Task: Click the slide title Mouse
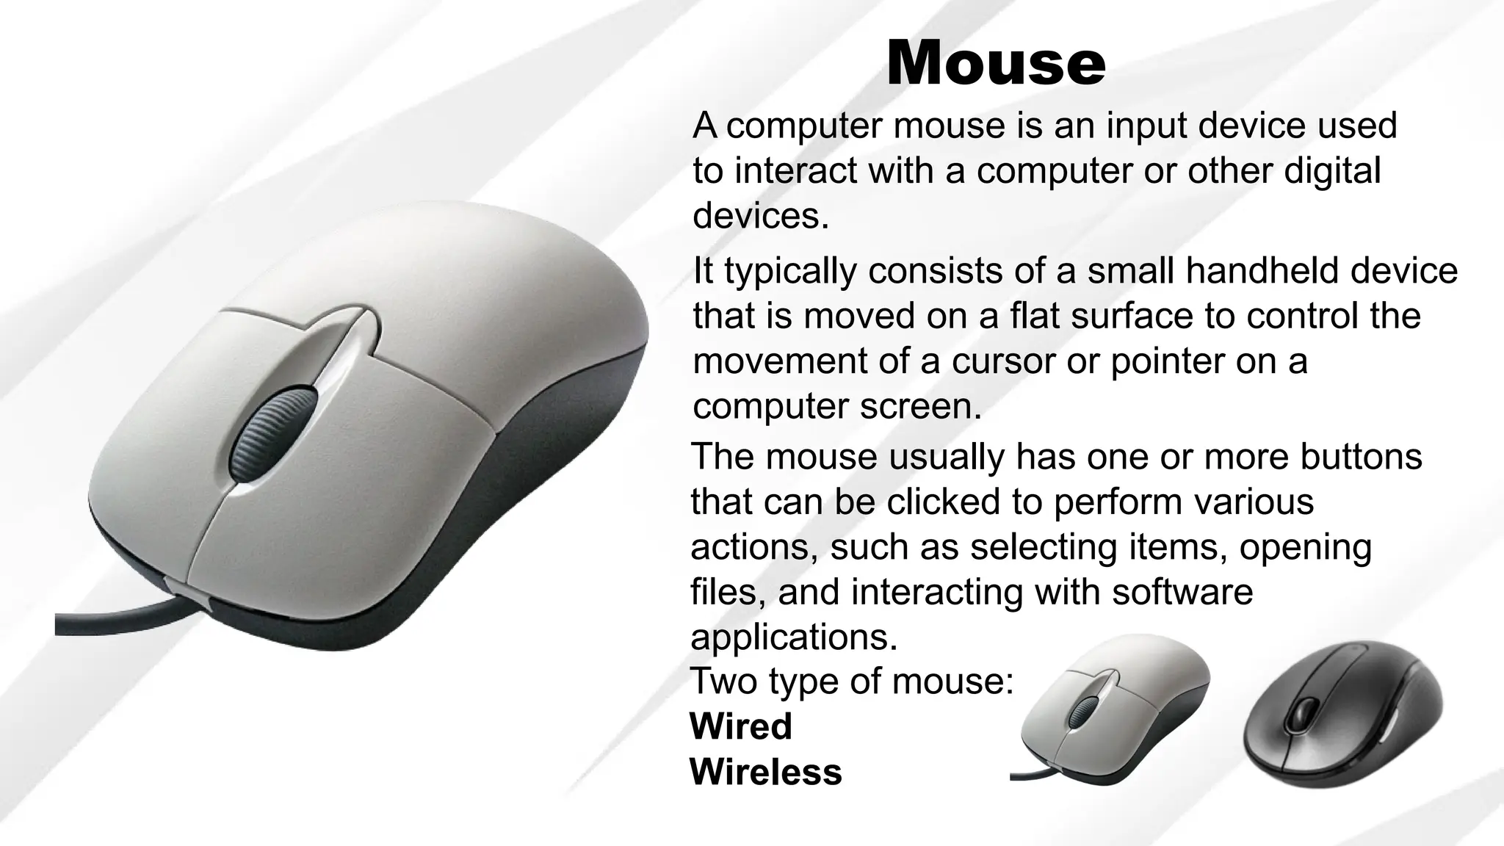pos(995,64)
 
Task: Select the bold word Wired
pos(741,726)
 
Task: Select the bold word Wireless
pos(765,772)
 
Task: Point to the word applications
pos(793,637)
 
